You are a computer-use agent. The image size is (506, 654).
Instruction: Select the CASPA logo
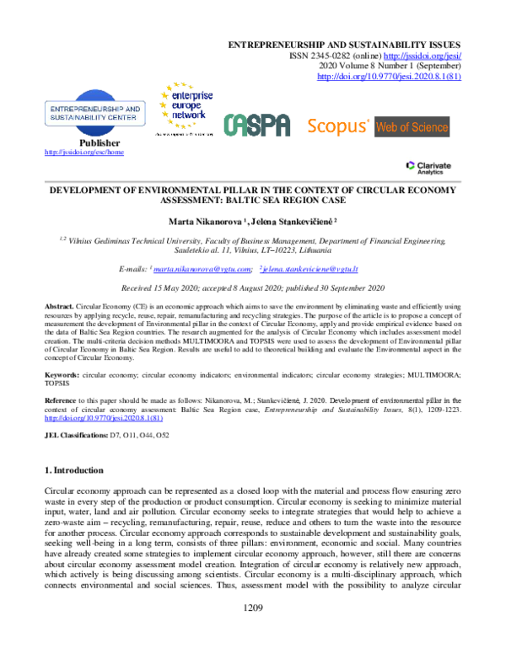[x=256, y=126]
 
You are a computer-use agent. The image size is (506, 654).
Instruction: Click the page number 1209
[x=254, y=630]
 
